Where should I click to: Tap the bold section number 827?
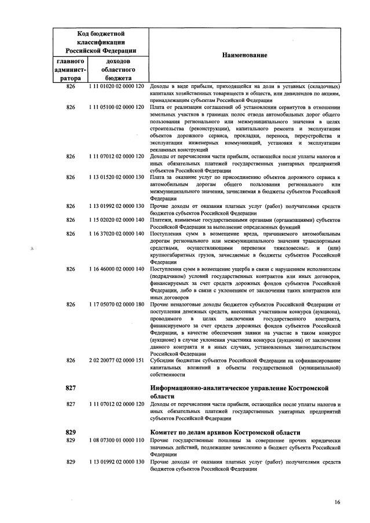pos(71,387)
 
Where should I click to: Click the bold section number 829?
pos(71,433)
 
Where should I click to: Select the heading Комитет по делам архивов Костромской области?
pos(225,433)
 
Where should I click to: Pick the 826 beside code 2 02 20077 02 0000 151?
pos(71,360)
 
